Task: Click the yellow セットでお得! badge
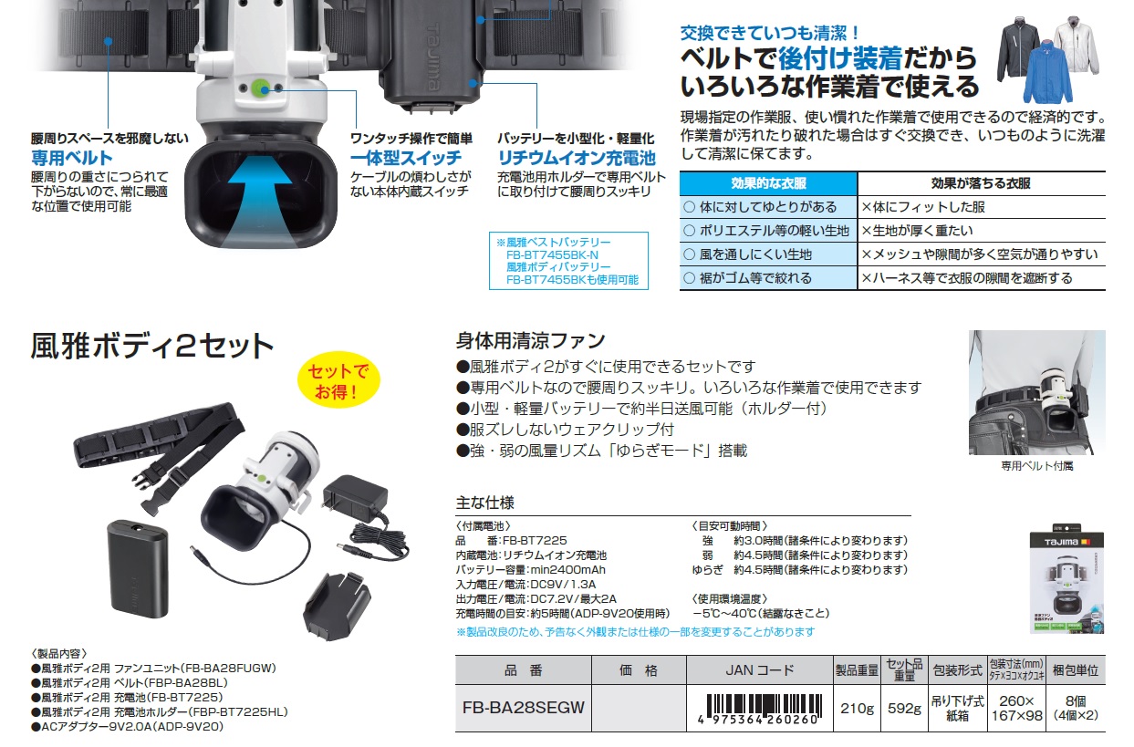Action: point(338,380)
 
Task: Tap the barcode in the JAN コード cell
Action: point(760,709)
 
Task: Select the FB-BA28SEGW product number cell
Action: point(524,708)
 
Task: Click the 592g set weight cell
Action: point(904,708)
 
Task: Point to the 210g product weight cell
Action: point(857,708)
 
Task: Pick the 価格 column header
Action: point(639,670)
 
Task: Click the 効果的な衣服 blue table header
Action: point(768,183)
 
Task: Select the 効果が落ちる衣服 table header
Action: point(981,183)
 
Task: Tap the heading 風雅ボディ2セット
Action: point(151,347)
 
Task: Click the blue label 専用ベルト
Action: point(72,158)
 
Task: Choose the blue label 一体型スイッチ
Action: point(406,158)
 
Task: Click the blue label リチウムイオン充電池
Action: point(577,158)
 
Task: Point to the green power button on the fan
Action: point(261,88)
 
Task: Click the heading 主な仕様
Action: point(485,503)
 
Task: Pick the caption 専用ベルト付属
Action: point(1036,465)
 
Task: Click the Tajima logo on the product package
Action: point(1061,542)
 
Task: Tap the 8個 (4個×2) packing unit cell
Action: point(1076,708)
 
